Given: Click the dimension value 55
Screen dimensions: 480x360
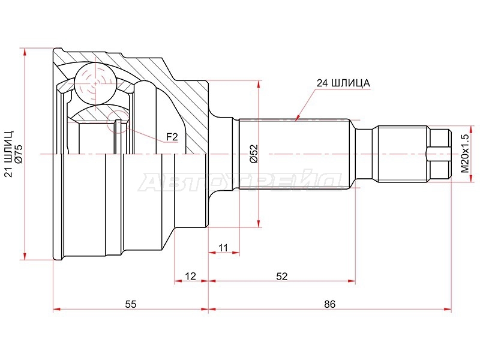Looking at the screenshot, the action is [130, 304].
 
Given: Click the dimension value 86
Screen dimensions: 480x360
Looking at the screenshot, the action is [329, 304].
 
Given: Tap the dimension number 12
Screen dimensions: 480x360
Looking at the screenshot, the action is [190, 276].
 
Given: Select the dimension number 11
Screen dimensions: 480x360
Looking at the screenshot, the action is [223, 248].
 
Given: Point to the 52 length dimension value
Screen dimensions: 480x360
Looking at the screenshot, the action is [281, 276].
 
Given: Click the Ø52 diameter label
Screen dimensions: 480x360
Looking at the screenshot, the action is [254, 154].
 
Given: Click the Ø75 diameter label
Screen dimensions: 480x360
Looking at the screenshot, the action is [19, 154].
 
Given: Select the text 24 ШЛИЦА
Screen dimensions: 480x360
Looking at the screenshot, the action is [343, 83].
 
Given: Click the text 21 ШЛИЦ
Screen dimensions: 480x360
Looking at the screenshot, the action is [9, 154].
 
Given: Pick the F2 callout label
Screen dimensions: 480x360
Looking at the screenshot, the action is [172, 137].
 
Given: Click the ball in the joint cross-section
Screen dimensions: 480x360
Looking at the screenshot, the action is [96, 83].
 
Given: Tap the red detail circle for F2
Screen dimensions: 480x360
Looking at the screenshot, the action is [118, 122].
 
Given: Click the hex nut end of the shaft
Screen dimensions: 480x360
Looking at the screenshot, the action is [440, 154].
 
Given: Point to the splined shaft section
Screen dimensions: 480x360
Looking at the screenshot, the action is [294, 154].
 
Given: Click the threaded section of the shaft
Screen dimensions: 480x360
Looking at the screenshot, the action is [403, 154].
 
